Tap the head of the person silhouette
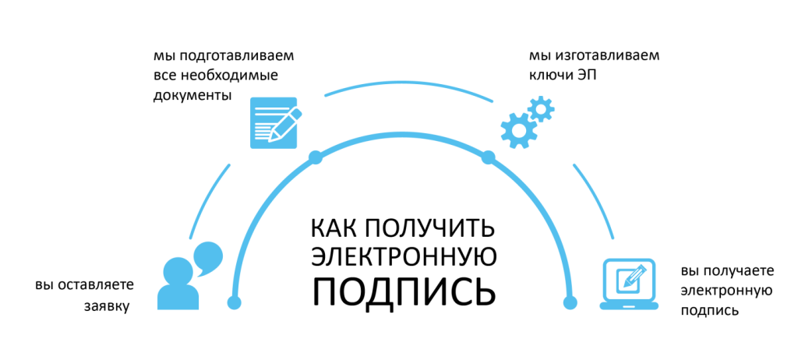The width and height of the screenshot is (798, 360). (x=178, y=271)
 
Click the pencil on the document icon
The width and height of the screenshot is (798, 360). (x=285, y=125)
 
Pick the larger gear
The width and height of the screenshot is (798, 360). (x=517, y=130)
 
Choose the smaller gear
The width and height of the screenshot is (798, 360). (x=541, y=108)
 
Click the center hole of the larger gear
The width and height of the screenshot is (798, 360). (x=517, y=130)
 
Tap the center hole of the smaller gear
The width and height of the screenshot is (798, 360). (x=541, y=108)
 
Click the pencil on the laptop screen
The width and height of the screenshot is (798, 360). (x=632, y=277)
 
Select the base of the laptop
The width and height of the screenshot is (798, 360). (x=629, y=305)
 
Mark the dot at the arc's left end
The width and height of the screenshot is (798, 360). (x=234, y=302)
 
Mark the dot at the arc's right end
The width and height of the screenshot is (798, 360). (x=570, y=302)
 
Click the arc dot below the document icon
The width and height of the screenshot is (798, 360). (x=316, y=157)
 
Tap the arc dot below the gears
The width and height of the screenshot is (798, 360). (x=488, y=157)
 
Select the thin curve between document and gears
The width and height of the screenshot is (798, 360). (x=408, y=81)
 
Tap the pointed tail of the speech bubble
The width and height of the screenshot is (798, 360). (x=199, y=274)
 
